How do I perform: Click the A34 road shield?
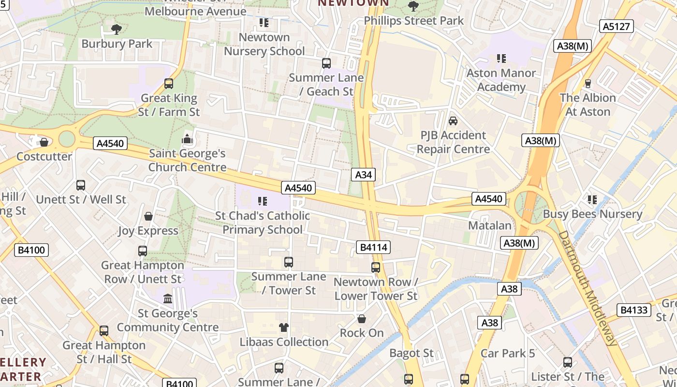click(363, 175)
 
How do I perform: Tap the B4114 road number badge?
click(374, 247)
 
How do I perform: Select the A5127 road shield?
click(617, 26)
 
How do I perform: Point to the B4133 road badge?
click(633, 310)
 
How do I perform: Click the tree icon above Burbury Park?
click(116, 30)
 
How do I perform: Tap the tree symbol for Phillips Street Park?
click(413, 6)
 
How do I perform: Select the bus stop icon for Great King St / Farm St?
click(169, 84)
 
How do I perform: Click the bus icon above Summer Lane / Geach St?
click(326, 63)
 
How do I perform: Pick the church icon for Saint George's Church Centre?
click(187, 140)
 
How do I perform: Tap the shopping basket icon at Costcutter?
click(44, 142)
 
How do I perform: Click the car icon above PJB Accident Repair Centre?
click(453, 120)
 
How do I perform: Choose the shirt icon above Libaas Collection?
click(284, 327)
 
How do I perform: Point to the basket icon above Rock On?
click(361, 319)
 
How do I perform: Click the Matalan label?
click(489, 225)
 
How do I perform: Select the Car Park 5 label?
click(508, 353)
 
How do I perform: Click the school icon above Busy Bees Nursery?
click(592, 199)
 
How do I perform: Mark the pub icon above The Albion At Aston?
click(588, 84)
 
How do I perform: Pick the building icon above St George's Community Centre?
click(168, 298)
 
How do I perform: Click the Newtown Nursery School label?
click(265, 44)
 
